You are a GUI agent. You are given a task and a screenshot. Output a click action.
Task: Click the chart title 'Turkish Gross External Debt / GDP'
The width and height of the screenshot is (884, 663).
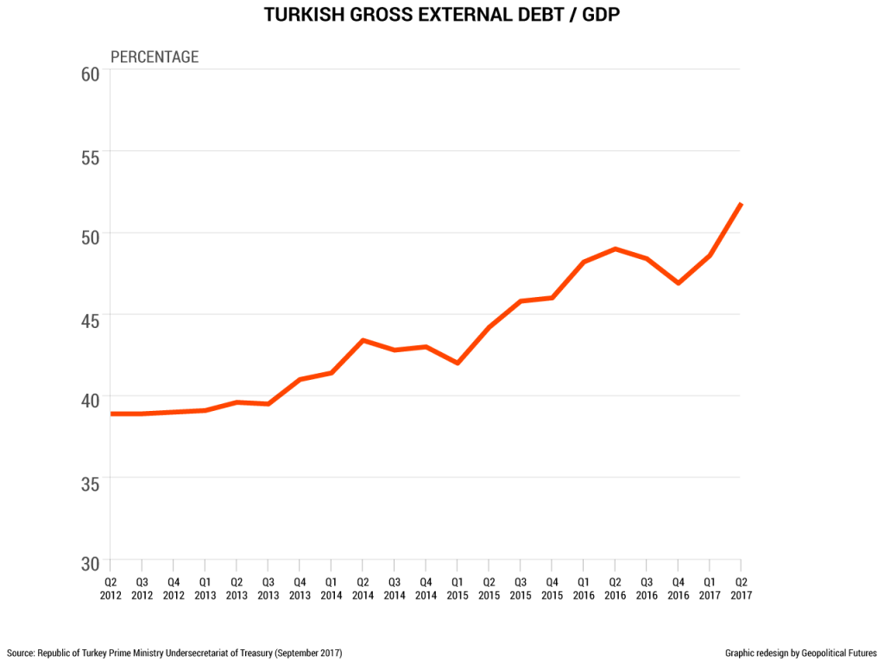(441, 16)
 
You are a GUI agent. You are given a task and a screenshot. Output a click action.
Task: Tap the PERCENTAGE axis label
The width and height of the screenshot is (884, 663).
(155, 57)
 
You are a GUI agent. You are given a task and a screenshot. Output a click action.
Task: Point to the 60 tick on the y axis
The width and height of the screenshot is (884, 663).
(91, 74)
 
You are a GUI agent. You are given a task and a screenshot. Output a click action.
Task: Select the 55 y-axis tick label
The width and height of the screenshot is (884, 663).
(91, 156)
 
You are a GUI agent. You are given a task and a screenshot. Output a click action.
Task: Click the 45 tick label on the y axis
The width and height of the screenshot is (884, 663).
(91, 320)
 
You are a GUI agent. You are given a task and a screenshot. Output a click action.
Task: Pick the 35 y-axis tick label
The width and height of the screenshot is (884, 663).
(91, 483)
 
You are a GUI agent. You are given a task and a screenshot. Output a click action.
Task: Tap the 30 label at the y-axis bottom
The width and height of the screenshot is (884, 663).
(91, 563)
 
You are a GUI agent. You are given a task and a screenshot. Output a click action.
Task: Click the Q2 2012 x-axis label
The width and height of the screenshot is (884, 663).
(110, 588)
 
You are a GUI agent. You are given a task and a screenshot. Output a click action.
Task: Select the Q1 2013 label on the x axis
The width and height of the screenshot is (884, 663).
(205, 588)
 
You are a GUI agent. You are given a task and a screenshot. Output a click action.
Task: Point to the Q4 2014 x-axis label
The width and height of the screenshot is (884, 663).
(425, 588)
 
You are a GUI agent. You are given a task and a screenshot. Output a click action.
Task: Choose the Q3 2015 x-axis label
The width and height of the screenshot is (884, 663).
(520, 588)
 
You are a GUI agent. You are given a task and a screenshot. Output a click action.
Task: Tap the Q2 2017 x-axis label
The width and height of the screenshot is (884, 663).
(741, 588)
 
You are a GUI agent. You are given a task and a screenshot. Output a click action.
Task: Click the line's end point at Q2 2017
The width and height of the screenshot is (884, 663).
(741, 204)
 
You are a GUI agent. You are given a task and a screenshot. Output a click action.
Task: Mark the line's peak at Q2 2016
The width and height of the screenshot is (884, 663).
(615, 249)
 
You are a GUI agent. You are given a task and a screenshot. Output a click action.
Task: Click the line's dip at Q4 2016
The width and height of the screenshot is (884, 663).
(679, 282)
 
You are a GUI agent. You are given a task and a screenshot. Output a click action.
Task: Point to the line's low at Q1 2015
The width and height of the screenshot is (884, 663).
(457, 363)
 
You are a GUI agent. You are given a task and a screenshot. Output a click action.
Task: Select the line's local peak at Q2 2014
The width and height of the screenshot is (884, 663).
(363, 340)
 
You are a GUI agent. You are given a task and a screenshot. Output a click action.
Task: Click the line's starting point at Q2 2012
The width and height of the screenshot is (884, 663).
(111, 414)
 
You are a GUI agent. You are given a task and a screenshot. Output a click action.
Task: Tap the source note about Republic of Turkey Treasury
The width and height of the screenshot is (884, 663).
(174, 653)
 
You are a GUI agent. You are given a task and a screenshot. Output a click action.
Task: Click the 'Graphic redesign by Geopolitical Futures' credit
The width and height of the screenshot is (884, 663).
(801, 653)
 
